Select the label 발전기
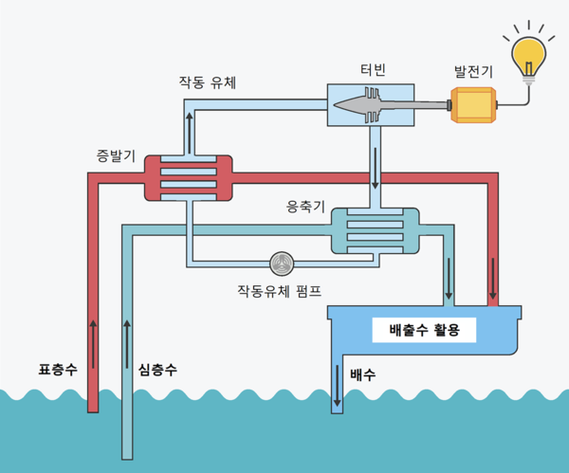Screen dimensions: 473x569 point(473,71)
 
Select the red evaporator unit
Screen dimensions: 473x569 point(188,177)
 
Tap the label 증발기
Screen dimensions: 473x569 point(116,155)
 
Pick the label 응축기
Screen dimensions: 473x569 point(305,205)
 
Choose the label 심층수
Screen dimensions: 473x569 point(157,368)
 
